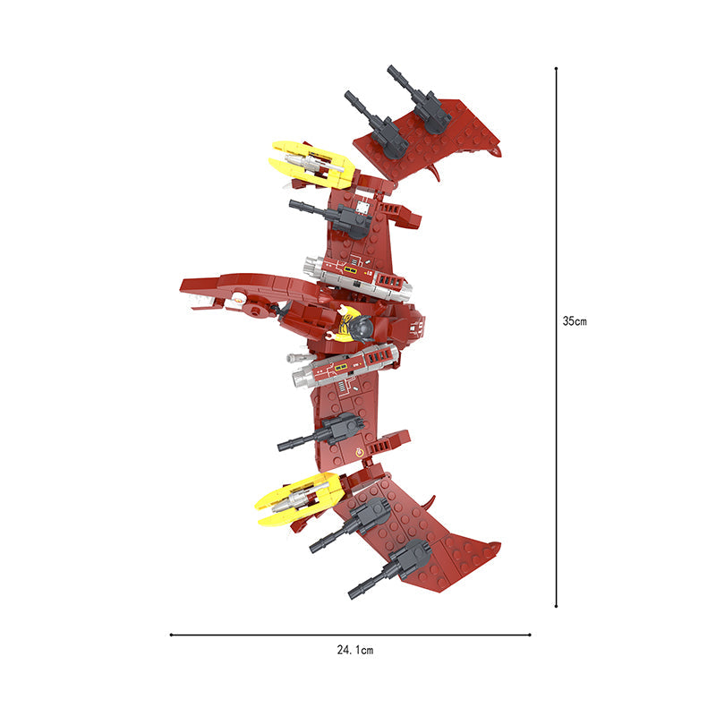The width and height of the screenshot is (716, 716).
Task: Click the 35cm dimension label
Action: point(575,321)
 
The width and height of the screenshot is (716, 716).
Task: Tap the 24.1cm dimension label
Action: point(354,650)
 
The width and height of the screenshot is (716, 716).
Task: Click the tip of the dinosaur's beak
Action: point(182,286)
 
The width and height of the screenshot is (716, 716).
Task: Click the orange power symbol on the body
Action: point(360,452)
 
